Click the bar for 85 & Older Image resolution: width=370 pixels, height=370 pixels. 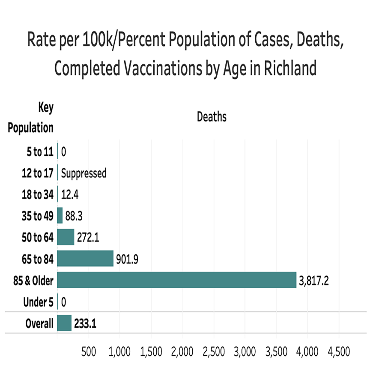tap(176, 280)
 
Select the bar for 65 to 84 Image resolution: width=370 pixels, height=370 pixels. tap(85, 259)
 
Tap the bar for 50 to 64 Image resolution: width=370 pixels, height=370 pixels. tap(66, 237)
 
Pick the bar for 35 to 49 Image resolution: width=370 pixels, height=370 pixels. tap(60, 215)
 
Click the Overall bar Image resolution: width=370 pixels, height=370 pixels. tap(64, 323)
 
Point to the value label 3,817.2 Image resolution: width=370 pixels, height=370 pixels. tap(314, 281)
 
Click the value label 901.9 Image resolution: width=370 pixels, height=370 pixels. tap(128, 259)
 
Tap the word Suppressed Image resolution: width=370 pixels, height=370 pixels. tap(84, 173)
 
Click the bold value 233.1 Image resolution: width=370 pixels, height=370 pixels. tap(85, 324)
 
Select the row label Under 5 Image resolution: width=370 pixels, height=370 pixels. tap(39, 302)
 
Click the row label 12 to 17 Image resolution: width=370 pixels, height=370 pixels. tap(38, 173)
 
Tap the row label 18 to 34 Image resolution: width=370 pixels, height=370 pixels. tap(38, 194)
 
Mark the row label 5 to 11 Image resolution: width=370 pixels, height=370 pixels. tap(40, 152)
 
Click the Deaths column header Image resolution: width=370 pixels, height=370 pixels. tap(212, 116)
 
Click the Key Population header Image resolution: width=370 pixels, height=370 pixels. tap(31, 117)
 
